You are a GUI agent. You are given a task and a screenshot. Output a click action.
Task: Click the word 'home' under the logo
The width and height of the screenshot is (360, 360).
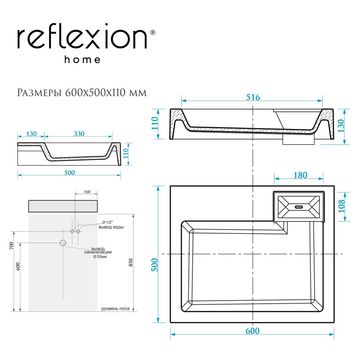tap(82, 59)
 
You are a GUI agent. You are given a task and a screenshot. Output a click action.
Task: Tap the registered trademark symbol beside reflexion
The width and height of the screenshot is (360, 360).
tap(152, 32)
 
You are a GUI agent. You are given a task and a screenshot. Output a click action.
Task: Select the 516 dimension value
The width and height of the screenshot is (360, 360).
tap(253, 97)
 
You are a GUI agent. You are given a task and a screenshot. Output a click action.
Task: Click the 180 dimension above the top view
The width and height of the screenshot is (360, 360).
tap(300, 175)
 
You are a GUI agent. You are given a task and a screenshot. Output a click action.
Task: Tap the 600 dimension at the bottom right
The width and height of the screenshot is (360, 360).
tap(252, 331)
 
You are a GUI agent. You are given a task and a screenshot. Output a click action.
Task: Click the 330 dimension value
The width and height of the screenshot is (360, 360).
tap(79, 134)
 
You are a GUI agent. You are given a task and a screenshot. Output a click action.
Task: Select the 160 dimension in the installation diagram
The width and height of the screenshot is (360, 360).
tap(87, 192)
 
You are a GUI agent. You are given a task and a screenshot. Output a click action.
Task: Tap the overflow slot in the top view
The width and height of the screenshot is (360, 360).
tap(299, 207)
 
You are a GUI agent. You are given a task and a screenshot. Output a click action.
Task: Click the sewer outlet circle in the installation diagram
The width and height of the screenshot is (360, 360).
tap(63, 243)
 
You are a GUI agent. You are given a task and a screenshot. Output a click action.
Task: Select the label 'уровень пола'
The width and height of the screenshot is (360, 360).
tap(115, 308)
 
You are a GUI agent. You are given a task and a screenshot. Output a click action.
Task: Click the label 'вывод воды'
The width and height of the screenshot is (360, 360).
tap(111, 227)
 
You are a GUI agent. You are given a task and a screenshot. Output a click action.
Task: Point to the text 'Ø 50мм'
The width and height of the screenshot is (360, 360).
tap(100, 257)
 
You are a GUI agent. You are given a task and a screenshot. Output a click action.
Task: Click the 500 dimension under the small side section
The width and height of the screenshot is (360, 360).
tap(70, 172)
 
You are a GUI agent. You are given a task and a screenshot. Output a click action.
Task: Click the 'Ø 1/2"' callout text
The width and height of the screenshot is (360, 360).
tap(107, 222)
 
